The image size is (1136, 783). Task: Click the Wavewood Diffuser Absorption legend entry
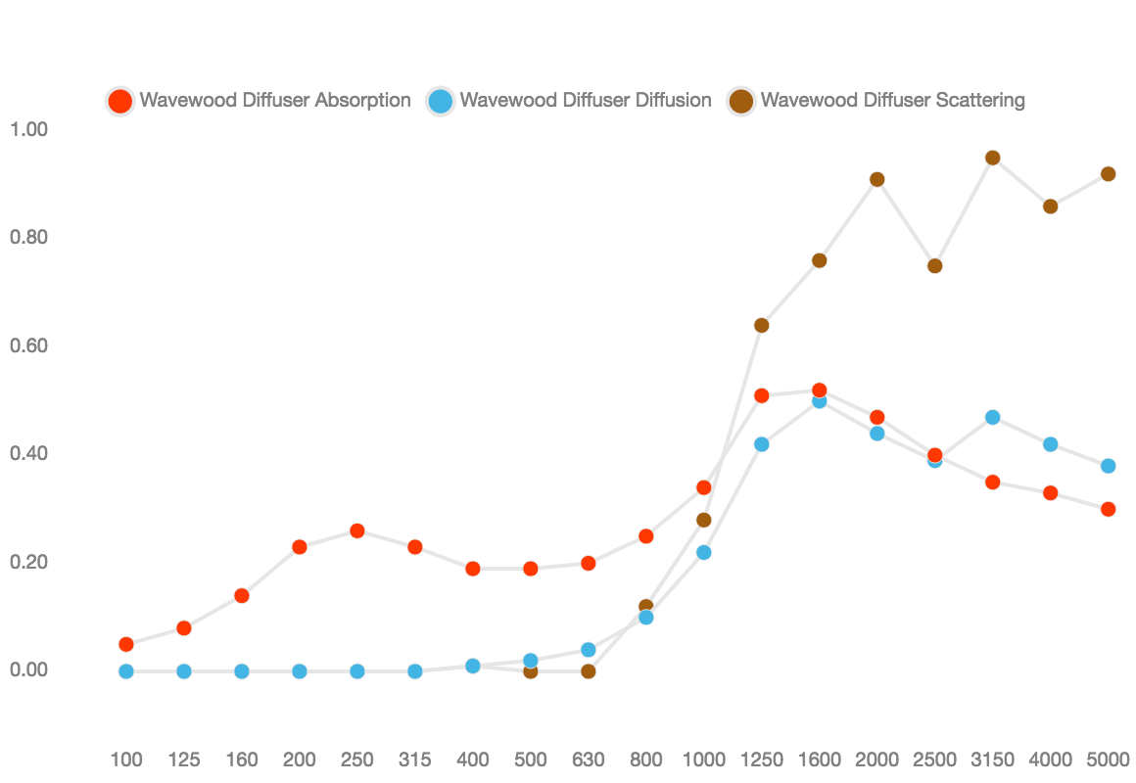pyautogui.click(x=259, y=101)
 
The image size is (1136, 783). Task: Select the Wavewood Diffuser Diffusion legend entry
pyautogui.click(x=569, y=101)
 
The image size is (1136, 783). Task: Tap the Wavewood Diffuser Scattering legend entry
pyautogui.click(x=876, y=101)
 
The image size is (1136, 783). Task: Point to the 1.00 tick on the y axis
pyautogui.click(x=29, y=129)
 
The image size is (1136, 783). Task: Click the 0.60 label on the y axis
pyautogui.click(x=29, y=345)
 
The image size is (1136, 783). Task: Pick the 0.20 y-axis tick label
pyautogui.click(x=29, y=562)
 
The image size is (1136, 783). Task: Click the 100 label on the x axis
pyautogui.click(x=126, y=760)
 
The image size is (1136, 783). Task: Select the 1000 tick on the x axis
pyautogui.click(x=703, y=760)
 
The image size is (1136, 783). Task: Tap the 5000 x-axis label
pyautogui.click(x=1108, y=760)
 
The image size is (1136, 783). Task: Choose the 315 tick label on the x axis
pyautogui.click(x=415, y=760)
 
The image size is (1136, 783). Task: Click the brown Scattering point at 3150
pyautogui.click(x=993, y=158)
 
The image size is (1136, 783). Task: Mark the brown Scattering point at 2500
pyautogui.click(x=934, y=266)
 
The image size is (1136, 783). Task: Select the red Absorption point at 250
pyautogui.click(x=357, y=530)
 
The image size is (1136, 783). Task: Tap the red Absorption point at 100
pyautogui.click(x=126, y=644)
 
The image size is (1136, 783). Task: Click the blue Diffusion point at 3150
pyautogui.click(x=993, y=417)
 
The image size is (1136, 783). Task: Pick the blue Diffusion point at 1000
pyautogui.click(x=703, y=553)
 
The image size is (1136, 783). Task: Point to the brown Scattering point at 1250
pyautogui.click(x=762, y=325)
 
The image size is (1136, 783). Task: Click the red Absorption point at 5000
pyautogui.click(x=1108, y=509)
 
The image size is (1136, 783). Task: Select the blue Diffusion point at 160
pyautogui.click(x=242, y=671)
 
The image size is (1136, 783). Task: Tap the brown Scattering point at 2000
pyautogui.click(x=876, y=180)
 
